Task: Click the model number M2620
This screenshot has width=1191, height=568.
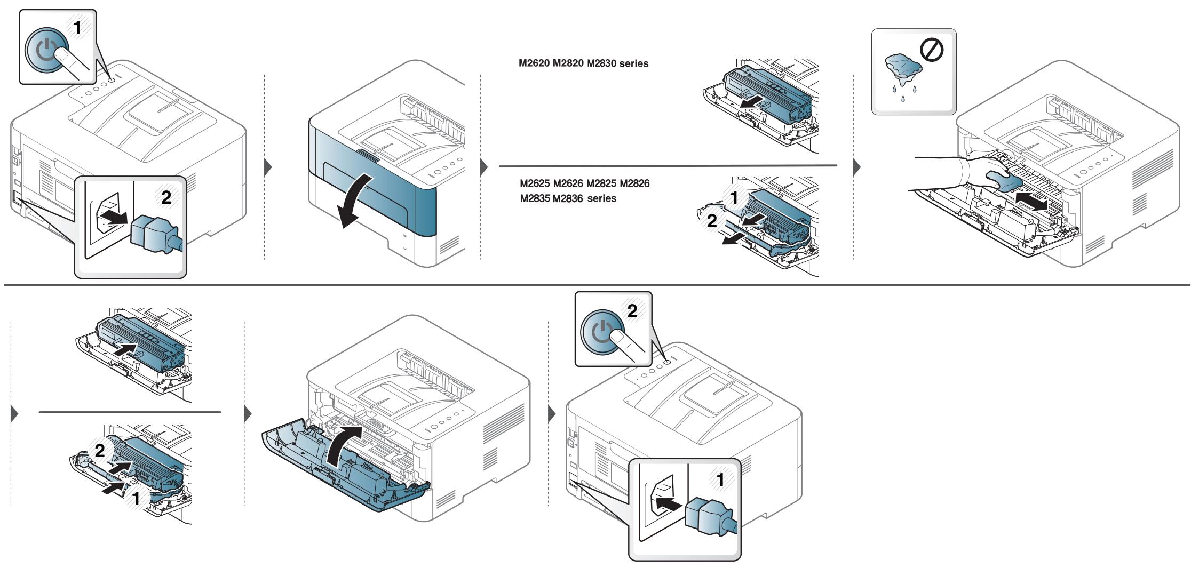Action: tap(534, 63)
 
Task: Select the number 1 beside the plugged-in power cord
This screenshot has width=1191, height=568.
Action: tap(720, 481)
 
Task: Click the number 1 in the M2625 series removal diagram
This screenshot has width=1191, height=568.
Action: tap(735, 198)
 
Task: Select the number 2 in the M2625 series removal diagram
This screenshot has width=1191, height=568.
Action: tap(713, 221)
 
